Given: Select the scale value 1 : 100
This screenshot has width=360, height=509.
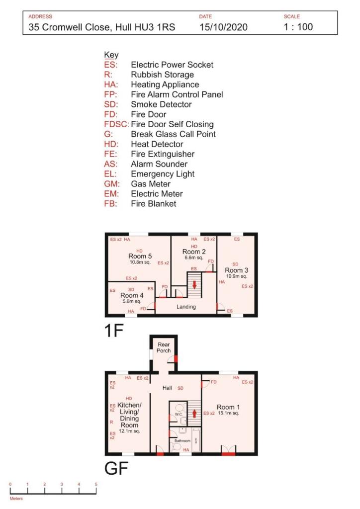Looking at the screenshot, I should pyautogui.click(x=298, y=27).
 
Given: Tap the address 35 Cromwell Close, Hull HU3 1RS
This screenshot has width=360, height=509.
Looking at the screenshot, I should pyautogui.click(x=102, y=27).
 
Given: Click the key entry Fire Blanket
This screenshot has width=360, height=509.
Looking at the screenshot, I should pyautogui.click(x=153, y=204).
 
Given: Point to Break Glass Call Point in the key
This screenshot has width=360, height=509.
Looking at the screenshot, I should pyautogui.click(x=173, y=134).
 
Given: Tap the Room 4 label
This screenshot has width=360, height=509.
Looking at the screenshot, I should pyautogui.click(x=131, y=295).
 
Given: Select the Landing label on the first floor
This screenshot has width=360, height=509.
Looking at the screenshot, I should pyautogui.click(x=186, y=307).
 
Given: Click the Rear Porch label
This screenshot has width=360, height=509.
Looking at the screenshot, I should pyautogui.click(x=164, y=347).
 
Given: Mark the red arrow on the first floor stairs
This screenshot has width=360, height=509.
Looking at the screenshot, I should pyautogui.click(x=194, y=285).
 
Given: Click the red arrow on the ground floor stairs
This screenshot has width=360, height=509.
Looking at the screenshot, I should pyautogui.click(x=194, y=412).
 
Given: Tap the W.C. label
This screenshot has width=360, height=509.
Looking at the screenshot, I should pyautogui.click(x=177, y=414).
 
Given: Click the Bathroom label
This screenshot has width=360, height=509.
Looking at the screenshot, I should pyautogui.click(x=181, y=441).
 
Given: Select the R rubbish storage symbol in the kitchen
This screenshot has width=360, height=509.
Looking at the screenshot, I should pyautogui.click(x=111, y=423).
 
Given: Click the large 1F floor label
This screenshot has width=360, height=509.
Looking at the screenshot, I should pyautogui.click(x=114, y=332).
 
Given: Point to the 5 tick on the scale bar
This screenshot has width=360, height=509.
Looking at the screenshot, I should pyautogui.click(x=96, y=484).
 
